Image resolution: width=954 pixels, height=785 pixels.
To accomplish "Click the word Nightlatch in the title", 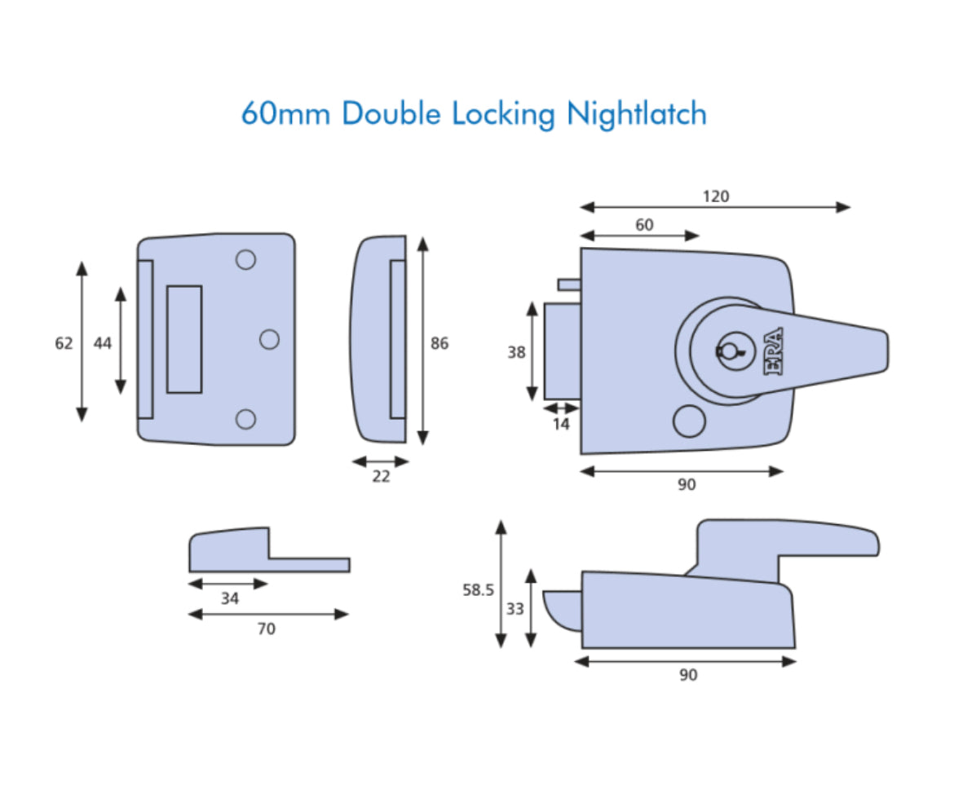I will coord(636,113).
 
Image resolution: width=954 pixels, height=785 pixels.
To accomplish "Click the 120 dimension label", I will coord(715,196).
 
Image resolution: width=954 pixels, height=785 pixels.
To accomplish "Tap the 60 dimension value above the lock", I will coord(644,225).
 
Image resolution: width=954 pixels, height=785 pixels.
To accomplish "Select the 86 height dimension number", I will coord(439,344).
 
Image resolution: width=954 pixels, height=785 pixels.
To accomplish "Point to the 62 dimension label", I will coord(64,344).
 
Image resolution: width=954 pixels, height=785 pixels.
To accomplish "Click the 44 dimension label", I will coord(102,344).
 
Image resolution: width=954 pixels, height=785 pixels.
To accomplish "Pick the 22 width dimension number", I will coord(381,477).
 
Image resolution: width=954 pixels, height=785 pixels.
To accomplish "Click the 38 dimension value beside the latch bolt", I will coord(516,353).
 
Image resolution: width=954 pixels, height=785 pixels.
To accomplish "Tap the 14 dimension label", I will coord(560,424).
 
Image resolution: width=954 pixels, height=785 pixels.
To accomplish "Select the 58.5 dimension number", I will coord(479,590).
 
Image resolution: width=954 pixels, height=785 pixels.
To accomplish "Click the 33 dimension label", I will coord(515,609).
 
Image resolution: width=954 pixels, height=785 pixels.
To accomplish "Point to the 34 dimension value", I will coord(230,599).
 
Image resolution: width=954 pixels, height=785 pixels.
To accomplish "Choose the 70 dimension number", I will coord(266,629).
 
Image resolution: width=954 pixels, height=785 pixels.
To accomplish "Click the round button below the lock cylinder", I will coord(689,421).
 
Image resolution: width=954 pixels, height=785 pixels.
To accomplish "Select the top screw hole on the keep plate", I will coord(245,260).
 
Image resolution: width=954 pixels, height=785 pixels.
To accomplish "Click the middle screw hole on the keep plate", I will coord(269,339).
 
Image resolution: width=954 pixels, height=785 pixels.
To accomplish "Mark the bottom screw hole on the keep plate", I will coord(245,419).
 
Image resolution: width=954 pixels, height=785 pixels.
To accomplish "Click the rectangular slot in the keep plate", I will coord(184,339).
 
